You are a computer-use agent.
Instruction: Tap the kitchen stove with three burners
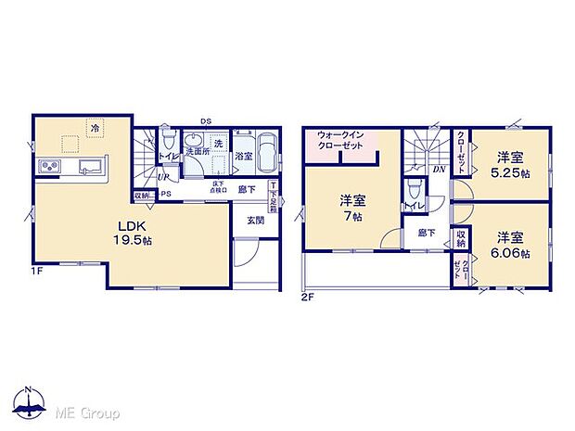[49, 168]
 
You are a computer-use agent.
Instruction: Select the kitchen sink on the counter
[90, 168]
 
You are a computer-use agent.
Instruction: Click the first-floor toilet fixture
[168, 142]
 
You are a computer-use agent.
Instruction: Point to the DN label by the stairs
[437, 170]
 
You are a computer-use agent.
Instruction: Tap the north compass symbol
[30, 401]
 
